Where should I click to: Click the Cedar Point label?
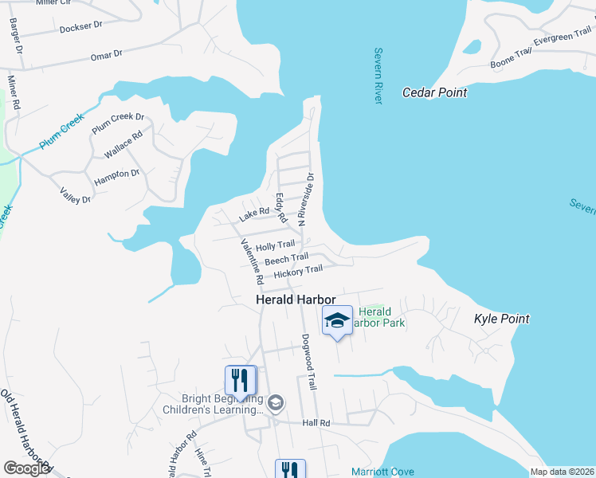tap(434, 92)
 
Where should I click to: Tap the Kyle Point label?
tap(501, 319)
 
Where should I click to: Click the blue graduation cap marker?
tap(337, 321)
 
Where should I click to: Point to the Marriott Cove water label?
tap(382, 472)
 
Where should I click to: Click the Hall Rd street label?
tap(316, 423)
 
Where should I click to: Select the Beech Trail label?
tap(286, 259)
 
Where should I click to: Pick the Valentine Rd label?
tap(253, 261)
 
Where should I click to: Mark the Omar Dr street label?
tap(106, 55)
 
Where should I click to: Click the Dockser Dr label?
tap(81, 27)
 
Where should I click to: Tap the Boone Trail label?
tap(511, 57)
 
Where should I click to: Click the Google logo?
tap(26, 468)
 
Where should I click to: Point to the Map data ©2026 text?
tap(562, 472)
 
